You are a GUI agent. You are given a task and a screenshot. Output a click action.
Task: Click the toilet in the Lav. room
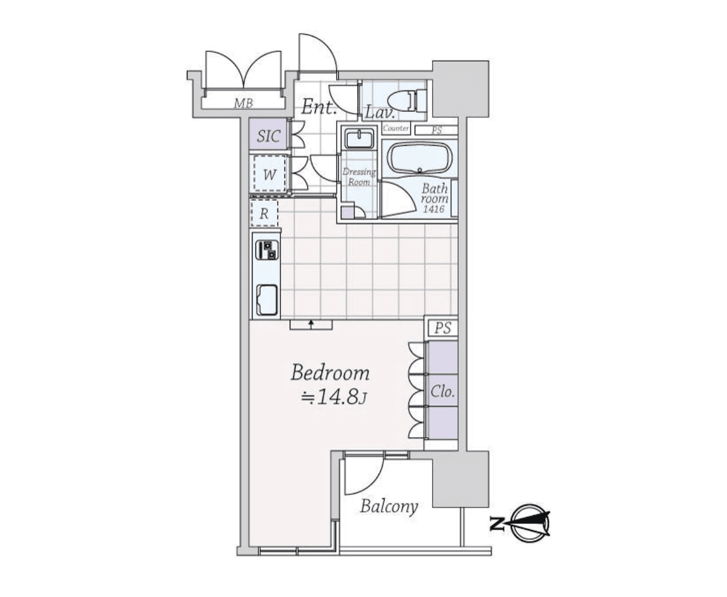[407, 100]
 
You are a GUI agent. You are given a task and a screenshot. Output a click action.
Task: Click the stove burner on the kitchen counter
[267, 250]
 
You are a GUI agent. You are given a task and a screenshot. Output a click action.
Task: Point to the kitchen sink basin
[267, 300]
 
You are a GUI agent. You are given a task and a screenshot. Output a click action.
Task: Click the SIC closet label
[268, 136]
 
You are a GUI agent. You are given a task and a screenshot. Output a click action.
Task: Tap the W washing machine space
[269, 175]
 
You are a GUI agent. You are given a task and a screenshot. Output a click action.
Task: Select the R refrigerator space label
[264, 213]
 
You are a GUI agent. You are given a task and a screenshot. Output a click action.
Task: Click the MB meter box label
[243, 103]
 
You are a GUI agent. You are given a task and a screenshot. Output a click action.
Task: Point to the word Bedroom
[330, 373]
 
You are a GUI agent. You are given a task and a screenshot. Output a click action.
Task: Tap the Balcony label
[389, 506]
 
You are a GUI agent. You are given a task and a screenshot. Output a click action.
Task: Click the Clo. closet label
[442, 391]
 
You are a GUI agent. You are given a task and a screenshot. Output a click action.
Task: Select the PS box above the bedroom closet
[442, 328]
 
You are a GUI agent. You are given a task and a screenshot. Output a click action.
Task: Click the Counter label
[396, 128]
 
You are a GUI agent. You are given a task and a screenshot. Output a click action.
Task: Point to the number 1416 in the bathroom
[434, 208]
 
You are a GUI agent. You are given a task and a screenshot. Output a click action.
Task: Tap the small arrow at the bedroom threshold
[311, 323]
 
